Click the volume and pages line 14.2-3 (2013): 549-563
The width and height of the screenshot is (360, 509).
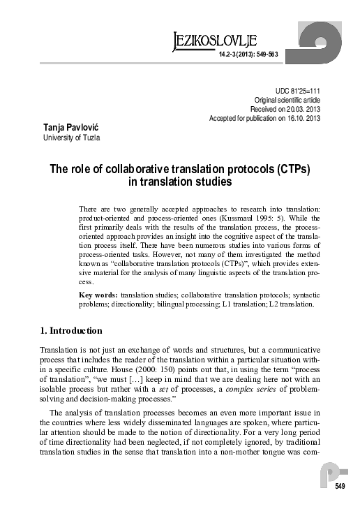coord(248,54)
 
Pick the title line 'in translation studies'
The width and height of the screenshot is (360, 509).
coord(179,182)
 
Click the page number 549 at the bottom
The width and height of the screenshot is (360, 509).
coord(340,486)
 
